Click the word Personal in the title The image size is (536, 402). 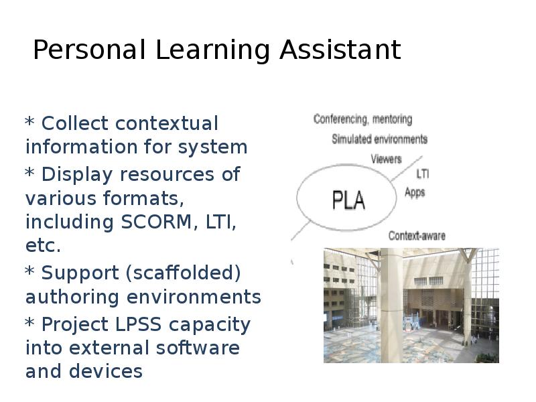point(89,50)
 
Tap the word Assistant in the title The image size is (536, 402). point(340,50)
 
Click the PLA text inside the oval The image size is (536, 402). point(348,200)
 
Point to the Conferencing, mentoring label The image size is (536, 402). point(362,119)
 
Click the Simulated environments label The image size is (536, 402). point(379,139)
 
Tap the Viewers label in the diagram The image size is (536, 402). point(387,159)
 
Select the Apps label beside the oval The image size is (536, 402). point(415,192)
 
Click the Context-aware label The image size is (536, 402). point(417,236)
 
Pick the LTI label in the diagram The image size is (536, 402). point(423,174)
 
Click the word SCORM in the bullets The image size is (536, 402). point(156,222)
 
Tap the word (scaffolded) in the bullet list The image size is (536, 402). point(183,273)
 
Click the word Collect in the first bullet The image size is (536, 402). point(75,123)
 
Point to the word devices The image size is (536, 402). point(106,371)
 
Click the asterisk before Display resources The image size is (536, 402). point(29,172)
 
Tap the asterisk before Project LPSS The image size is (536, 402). point(29,322)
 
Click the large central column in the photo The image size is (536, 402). point(391,306)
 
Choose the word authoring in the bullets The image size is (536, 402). point(72,297)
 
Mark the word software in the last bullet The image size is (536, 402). point(198,348)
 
